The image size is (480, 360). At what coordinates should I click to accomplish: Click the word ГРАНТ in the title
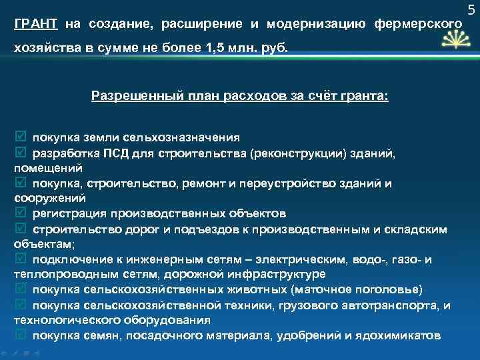[35, 25]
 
